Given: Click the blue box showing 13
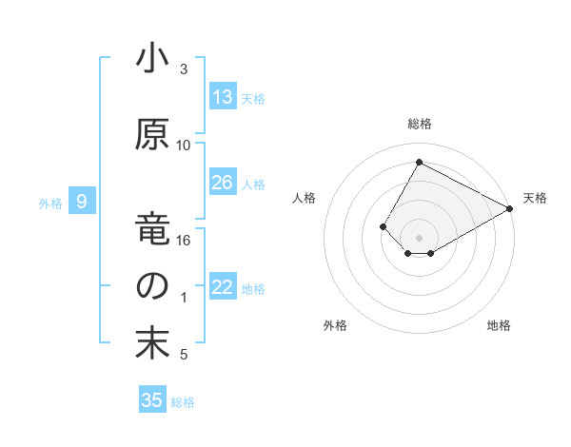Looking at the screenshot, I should point(223,97).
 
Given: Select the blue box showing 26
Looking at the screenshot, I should point(223,183).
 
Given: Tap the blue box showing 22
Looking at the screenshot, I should point(223,287).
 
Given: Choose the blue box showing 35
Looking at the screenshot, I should point(152,400).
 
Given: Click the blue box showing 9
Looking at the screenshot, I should point(83,202).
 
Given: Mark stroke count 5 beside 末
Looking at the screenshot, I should point(184,355).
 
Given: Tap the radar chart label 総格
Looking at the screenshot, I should point(419,124).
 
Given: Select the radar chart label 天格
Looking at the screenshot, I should point(535,198).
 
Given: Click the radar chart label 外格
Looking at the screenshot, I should point(335,325).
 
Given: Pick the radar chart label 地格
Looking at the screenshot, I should point(499,325).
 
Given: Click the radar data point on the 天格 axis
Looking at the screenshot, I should point(511,208).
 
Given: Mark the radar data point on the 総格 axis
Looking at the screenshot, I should point(419,162).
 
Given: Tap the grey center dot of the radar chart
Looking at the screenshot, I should point(419,237).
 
